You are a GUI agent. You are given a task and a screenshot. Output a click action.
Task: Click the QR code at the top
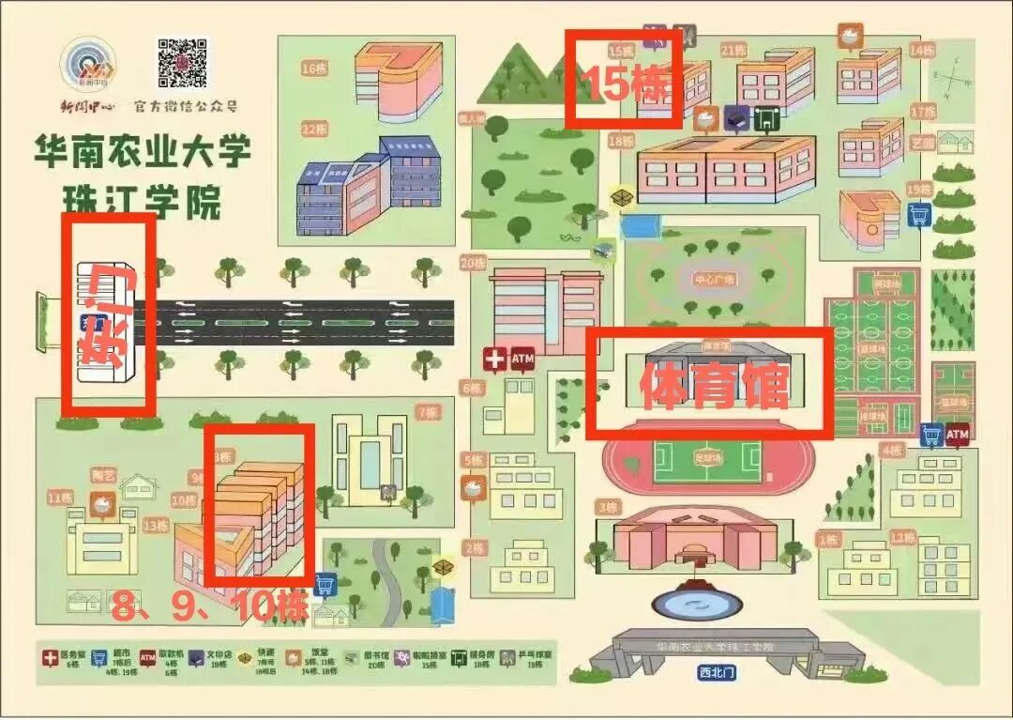click(182, 63)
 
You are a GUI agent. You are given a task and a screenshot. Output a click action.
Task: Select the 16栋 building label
click(313, 68)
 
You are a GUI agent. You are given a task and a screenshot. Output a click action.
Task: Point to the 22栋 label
click(313, 129)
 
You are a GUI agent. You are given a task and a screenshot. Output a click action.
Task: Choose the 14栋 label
click(921, 50)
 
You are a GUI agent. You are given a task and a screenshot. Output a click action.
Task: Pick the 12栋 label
click(903, 537)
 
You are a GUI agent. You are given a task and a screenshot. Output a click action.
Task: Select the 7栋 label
click(427, 412)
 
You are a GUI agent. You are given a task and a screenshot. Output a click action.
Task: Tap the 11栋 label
click(60, 498)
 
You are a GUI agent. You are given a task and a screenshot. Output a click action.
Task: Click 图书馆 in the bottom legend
click(349, 655)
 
